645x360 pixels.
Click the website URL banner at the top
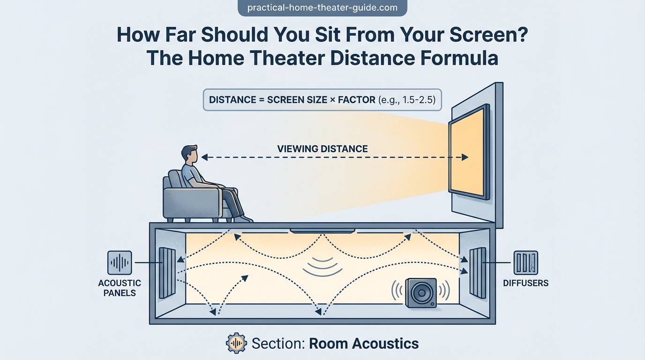tap(322, 8)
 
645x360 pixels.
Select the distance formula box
tap(322, 100)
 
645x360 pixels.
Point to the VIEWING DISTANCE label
tap(322, 149)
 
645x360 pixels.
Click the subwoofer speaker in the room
tap(421, 292)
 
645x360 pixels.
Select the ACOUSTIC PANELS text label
tap(120, 288)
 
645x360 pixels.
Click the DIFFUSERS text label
tap(525, 283)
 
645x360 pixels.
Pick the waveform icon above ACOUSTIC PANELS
tap(120, 262)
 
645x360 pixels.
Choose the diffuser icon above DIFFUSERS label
tap(525, 262)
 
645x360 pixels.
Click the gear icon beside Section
tap(236, 343)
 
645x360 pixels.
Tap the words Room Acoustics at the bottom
tap(364, 343)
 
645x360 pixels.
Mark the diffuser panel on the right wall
tap(477, 272)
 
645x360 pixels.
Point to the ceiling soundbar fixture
tap(322, 230)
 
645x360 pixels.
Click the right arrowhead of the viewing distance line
tap(465, 157)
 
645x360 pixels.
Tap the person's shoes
tap(243, 218)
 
